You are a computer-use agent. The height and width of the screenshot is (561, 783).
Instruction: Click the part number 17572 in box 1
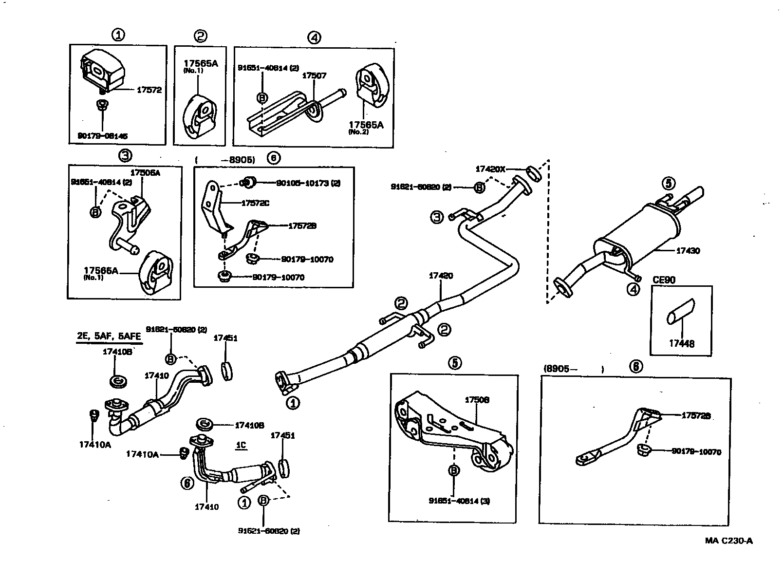coord(149,90)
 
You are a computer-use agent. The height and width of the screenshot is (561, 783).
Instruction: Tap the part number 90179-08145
coord(103,136)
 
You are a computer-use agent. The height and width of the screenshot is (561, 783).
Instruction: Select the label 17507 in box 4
coord(314,75)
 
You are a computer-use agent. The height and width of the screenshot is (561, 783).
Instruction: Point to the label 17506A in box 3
coord(145,172)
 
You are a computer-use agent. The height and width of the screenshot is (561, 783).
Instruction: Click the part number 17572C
coord(255,203)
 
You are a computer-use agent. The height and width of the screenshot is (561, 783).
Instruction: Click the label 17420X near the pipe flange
coord(490,169)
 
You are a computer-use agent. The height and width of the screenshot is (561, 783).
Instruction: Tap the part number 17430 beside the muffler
coord(688,251)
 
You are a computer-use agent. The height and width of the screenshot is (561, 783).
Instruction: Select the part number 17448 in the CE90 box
coord(681,343)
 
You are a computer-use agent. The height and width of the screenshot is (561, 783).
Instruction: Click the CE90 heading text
coord(664,280)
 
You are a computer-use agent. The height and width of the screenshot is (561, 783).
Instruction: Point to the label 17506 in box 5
coord(477,400)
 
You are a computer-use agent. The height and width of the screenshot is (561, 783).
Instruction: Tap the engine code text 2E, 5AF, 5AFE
coord(109,337)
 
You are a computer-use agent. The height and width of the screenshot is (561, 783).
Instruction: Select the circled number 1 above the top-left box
coord(118,35)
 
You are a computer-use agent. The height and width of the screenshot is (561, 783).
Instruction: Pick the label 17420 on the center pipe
coord(441,276)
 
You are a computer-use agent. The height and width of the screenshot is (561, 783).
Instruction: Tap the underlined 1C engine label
coord(241,445)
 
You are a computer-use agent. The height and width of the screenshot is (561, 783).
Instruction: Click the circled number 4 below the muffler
coord(633,290)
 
